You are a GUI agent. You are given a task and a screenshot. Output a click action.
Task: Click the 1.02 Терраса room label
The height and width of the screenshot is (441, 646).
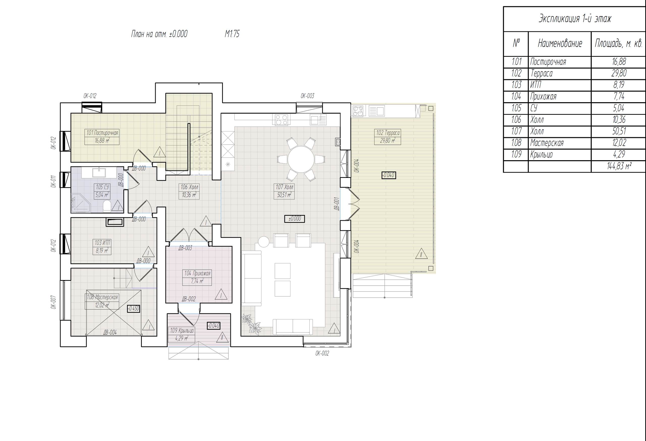pos(388,133)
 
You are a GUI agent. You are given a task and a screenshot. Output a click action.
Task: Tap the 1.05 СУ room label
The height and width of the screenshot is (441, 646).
pos(102,187)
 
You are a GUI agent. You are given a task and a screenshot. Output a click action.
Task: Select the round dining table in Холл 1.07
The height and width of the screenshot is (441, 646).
pos(301,159)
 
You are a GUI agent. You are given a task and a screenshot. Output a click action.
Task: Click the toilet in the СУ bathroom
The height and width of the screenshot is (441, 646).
pos(107,206)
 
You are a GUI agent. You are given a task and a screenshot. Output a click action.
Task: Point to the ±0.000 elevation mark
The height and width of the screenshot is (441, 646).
pos(295,219)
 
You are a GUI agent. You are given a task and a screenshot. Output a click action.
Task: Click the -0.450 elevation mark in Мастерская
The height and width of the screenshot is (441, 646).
pos(133,309)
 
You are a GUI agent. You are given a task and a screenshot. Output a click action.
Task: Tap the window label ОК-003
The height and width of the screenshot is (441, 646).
pos(307,96)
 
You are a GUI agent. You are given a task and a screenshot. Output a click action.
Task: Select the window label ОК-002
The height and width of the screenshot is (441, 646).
pos(322,353)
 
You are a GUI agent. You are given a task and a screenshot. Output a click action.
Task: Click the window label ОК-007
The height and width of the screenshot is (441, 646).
pos(54,302)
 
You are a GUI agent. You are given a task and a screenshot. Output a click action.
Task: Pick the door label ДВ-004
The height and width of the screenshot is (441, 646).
pos(110,332)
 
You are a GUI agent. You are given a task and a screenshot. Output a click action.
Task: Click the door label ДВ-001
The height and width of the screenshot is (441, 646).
pos(336,204)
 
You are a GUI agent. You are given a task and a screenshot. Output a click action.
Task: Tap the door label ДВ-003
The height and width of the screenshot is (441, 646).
pos(185,248)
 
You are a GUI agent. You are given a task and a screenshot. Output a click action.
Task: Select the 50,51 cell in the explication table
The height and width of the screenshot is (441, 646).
pos(619,131)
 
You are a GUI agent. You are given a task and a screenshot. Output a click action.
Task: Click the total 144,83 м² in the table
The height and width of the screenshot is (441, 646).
pos(619,166)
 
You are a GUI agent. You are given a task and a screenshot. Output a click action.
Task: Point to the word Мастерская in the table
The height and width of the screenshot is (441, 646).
pos(547,143)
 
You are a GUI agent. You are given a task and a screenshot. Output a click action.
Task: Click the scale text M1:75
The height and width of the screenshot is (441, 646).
pos(232,34)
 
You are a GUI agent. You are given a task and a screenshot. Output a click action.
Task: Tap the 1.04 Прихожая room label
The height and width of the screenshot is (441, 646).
pos(197,273)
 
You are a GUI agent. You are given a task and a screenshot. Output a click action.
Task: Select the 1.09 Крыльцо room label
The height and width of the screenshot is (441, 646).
pos(182,330)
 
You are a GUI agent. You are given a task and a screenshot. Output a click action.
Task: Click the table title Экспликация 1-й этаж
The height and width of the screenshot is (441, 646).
pos(575,19)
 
